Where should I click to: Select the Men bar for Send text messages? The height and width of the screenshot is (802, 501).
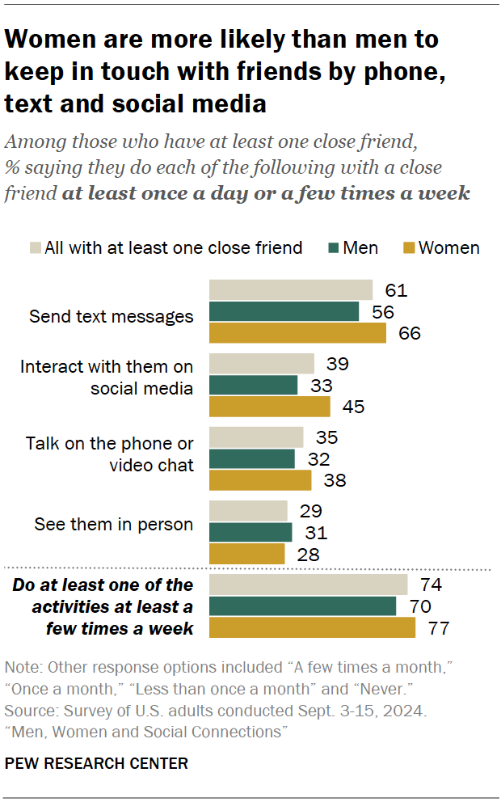[x=284, y=311]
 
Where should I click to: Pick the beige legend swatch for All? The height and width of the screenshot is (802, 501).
[x=35, y=247]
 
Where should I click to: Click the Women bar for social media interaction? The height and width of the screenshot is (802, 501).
[x=270, y=407]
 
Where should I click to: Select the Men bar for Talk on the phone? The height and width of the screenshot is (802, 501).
[x=252, y=459]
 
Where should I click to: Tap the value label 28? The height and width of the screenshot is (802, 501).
[x=308, y=554]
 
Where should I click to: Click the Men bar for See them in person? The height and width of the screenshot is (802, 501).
[x=250, y=532]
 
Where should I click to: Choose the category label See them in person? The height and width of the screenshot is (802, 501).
[x=113, y=525]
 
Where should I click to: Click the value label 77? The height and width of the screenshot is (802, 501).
[x=436, y=628]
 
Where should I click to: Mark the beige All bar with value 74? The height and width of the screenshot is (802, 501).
[x=308, y=585]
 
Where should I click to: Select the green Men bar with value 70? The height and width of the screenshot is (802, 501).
[x=302, y=606]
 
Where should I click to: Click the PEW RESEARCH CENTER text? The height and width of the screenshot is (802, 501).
[x=96, y=763]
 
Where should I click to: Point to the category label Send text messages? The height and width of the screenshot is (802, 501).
[x=112, y=316]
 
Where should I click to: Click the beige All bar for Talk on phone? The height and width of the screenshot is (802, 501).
[x=256, y=437]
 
